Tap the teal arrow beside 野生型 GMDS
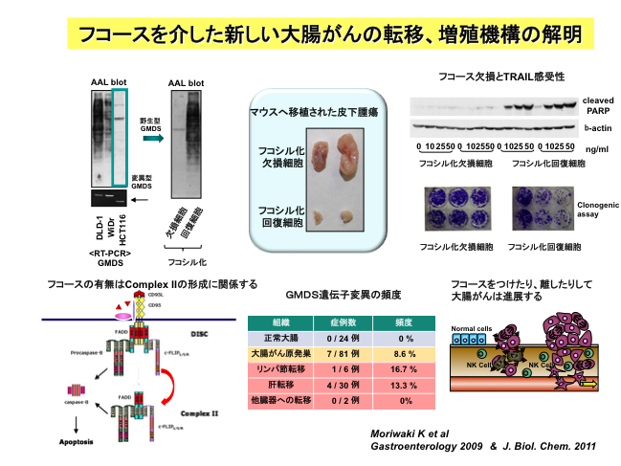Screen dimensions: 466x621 150,139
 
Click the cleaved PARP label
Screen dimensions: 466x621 600,104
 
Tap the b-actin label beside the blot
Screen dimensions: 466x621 598,127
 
